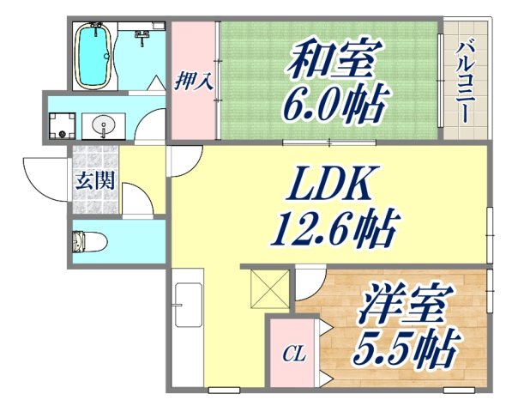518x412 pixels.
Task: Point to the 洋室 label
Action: tap(400, 305)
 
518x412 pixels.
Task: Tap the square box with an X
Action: tap(268, 288)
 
